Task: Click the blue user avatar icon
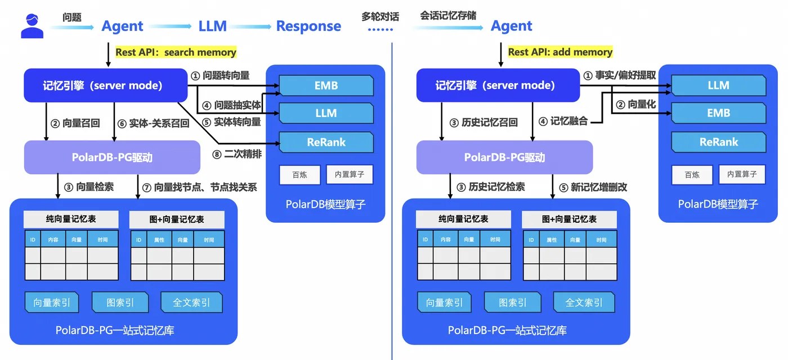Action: point(32,26)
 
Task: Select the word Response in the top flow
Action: point(308,26)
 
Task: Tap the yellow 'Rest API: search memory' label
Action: point(176,52)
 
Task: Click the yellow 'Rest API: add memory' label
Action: point(560,52)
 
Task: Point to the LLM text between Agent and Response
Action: point(212,26)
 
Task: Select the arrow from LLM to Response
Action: point(250,26)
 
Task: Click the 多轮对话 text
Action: point(380,17)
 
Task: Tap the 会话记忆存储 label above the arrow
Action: point(448,16)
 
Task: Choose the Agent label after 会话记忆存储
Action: point(511,26)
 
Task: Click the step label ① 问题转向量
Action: point(220,75)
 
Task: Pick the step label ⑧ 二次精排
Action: point(238,154)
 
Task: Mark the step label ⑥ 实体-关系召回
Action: point(154,123)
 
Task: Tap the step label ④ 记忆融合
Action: point(563,121)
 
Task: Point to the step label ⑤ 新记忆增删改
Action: point(592,187)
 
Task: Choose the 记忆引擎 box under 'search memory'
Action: point(105,85)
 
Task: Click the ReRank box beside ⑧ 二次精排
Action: point(326,142)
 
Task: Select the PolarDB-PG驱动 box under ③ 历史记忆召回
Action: point(504,157)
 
